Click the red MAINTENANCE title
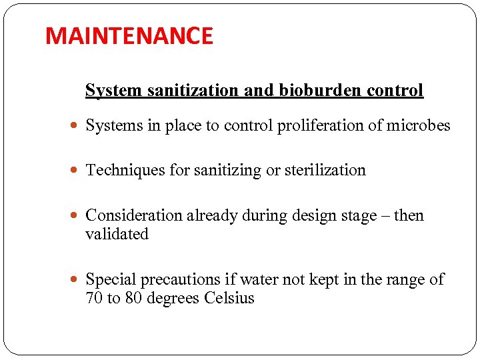(129, 36)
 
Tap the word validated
(117, 235)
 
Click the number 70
(94, 299)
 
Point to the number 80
(133, 299)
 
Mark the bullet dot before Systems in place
(76, 127)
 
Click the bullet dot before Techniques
(76, 171)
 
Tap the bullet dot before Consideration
(76, 217)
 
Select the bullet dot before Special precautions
(76, 281)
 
